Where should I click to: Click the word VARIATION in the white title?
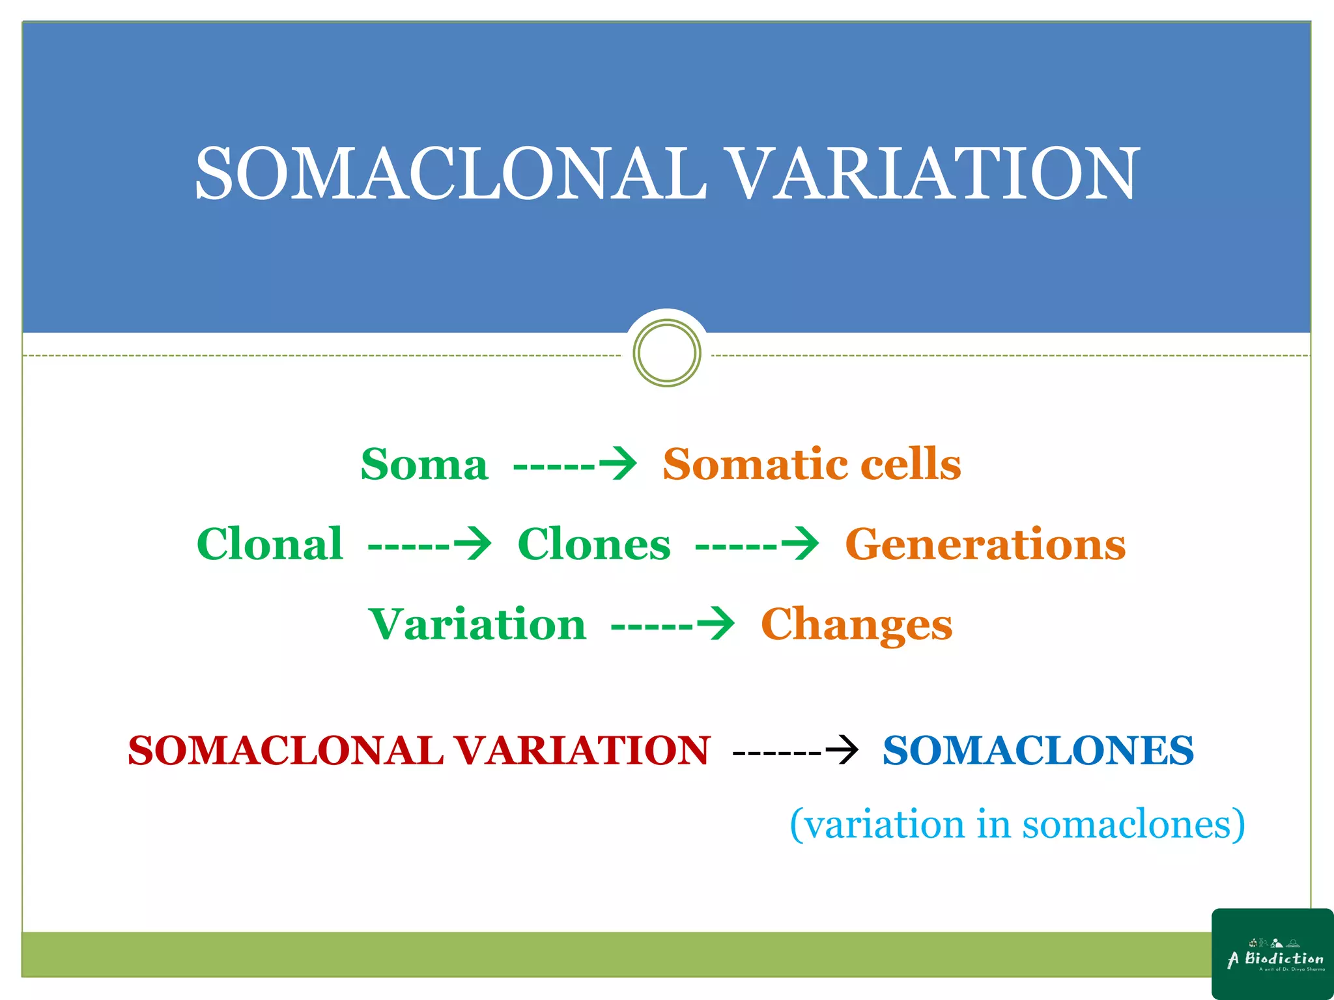[931, 173]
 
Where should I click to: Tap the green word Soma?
[425, 465]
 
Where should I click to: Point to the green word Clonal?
[270, 544]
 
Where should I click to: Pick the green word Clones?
[594, 544]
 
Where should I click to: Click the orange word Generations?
[985, 544]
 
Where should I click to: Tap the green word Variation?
[477, 624]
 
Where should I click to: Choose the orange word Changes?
[857, 624]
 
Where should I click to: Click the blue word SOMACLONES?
[1038, 751]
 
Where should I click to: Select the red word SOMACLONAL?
[285, 751]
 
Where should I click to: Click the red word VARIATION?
[581, 751]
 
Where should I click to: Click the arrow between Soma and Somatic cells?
[575, 465]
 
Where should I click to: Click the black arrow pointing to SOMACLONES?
[795, 751]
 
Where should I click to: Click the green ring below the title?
[666, 353]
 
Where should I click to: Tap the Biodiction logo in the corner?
[1273, 954]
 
